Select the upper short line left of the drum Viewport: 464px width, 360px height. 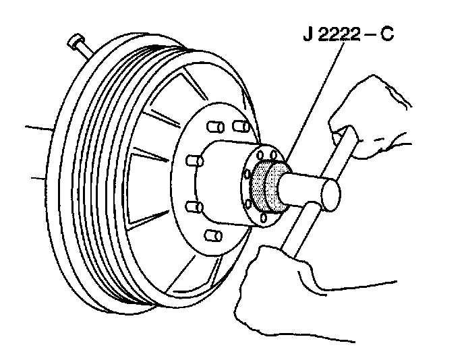click(37, 125)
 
